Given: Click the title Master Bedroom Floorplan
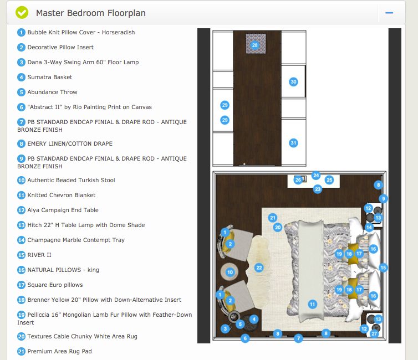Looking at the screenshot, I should tap(91, 13).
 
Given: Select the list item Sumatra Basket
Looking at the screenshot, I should tap(50, 77).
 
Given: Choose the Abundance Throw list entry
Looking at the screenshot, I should tap(52, 92).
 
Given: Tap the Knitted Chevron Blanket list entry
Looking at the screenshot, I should tap(61, 195).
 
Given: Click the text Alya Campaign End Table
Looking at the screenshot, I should tap(63, 210).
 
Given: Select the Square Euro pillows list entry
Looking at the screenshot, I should tap(55, 285).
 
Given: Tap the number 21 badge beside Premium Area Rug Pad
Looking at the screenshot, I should tap(22, 351).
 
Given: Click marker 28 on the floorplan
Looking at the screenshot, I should tap(255, 45).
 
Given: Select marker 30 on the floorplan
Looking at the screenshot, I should tap(294, 81).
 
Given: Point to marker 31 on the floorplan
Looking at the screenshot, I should tap(294, 143).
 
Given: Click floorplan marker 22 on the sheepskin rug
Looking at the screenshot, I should tap(259, 268).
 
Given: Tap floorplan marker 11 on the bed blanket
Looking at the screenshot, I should tap(313, 304).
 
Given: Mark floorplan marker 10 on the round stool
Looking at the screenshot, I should tap(230, 272).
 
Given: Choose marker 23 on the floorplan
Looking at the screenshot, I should tap(318, 189).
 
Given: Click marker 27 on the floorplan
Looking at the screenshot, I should tap(374, 333).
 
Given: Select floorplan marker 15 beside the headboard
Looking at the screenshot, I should tap(383, 268).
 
